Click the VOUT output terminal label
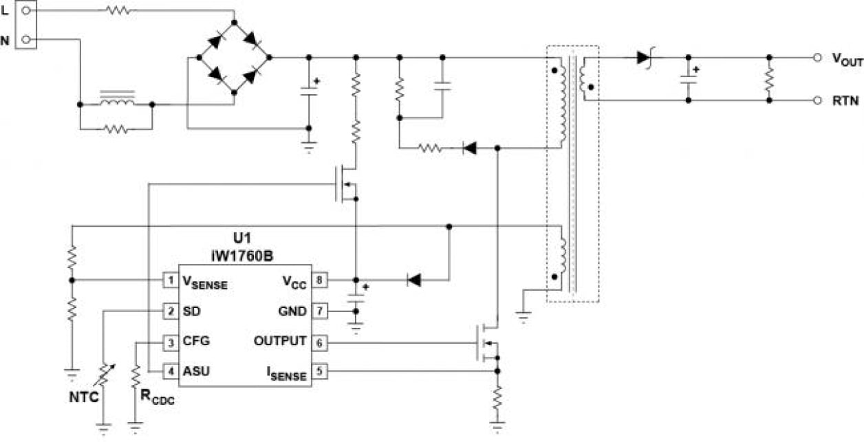pos(847,60)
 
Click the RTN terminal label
pos(843,100)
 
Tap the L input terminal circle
pos(25,10)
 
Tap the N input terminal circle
pos(25,40)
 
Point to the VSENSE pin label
pos(204,281)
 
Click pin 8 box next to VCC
pos(319,280)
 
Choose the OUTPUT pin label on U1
pos(280,341)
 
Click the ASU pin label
pos(197,371)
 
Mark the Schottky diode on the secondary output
pos(644,58)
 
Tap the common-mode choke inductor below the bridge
pos(116,100)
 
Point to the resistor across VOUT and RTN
pos(770,79)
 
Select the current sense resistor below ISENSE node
pos(498,397)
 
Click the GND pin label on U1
pos(292,311)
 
